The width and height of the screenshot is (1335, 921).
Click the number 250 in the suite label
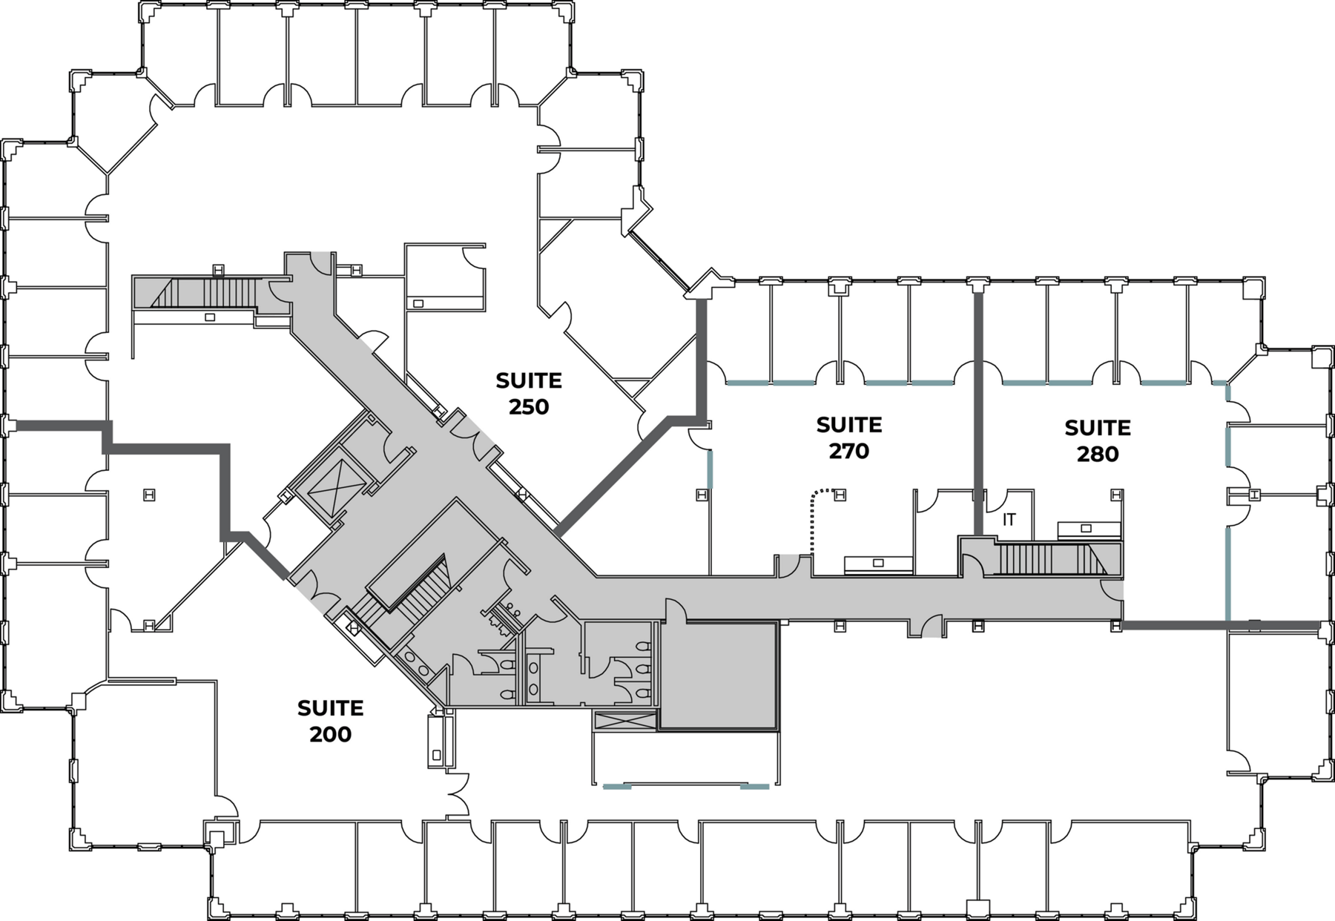pos(528,407)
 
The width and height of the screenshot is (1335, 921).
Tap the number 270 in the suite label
pos(848,451)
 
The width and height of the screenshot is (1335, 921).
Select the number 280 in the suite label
pos(1097,454)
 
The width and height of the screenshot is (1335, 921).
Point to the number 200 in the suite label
pos(330,734)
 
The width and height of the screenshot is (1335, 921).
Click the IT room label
pos(1009,520)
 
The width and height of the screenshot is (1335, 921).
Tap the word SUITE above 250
pos(529,381)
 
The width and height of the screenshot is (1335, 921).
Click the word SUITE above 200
pos(331,708)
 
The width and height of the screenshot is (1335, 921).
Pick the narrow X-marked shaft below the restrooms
pos(625,720)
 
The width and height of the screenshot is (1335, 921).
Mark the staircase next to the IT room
pos(1050,559)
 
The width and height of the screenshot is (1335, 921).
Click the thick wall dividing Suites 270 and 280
pos(978,412)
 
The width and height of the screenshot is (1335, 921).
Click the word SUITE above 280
pos(1098,428)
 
